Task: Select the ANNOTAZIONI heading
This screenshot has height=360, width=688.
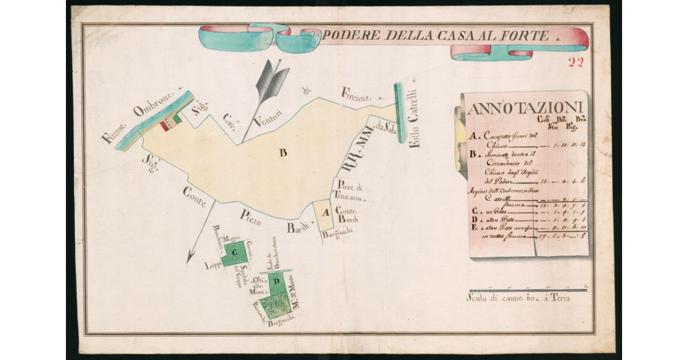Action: pos(525,108)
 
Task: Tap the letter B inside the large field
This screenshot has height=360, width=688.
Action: pos(283,152)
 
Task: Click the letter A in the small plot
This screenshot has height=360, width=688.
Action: pos(326,213)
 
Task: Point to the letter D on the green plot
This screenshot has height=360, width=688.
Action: pos(276,281)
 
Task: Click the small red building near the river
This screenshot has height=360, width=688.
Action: pos(165,126)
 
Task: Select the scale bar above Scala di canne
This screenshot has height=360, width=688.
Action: pos(527,289)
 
